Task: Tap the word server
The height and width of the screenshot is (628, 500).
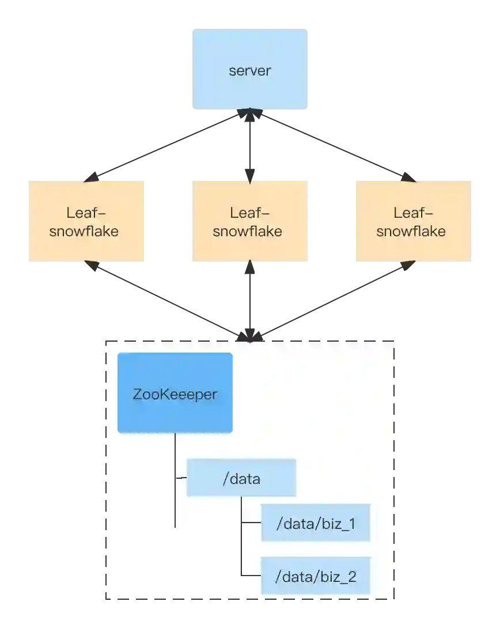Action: [249, 71]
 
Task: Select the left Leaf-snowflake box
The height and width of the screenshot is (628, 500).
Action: [88, 221]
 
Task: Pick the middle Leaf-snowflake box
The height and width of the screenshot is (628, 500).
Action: [249, 221]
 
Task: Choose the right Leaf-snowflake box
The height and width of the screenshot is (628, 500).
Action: [414, 221]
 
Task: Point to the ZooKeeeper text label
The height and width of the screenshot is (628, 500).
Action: [175, 395]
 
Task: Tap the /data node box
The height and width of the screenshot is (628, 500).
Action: [241, 478]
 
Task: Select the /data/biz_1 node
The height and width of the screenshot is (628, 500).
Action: [315, 523]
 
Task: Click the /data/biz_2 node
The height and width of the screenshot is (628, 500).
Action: [315, 576]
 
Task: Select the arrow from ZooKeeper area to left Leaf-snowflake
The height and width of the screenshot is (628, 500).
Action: [167, 300]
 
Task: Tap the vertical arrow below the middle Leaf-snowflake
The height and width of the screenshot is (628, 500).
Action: [250, 300]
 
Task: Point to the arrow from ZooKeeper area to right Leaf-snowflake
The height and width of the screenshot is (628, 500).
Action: [334, 300]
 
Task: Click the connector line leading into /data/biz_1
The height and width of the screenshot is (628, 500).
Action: [251, 523]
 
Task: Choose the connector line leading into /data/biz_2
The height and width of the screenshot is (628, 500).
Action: [251, 576]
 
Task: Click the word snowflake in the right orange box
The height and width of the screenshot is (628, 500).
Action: [411, 232]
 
